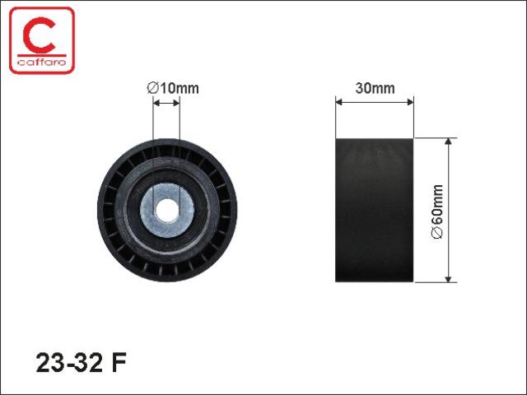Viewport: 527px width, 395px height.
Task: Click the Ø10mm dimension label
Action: point(173,88)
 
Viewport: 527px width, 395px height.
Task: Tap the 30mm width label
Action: point(375,88)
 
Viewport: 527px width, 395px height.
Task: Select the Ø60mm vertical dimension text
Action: point(437,211)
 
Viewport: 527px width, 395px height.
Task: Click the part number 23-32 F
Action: point(81,363)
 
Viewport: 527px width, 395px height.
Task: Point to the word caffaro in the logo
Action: point(42,63)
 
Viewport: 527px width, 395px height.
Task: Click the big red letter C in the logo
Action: point(40,35)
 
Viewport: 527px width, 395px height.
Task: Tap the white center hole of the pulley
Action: point(167,211)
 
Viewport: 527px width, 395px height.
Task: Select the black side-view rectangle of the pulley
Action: point(375,210)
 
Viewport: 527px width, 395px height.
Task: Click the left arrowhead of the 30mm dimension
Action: point(338,102)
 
